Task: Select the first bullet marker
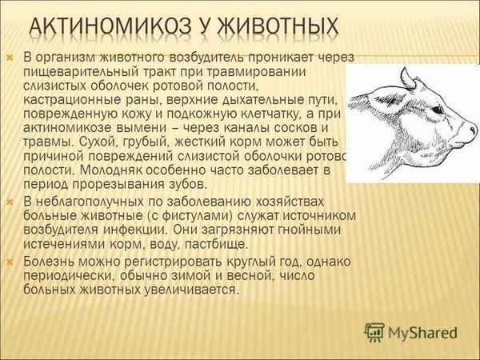tap(10, 58)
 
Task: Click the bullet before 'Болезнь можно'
tap(10, 262)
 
